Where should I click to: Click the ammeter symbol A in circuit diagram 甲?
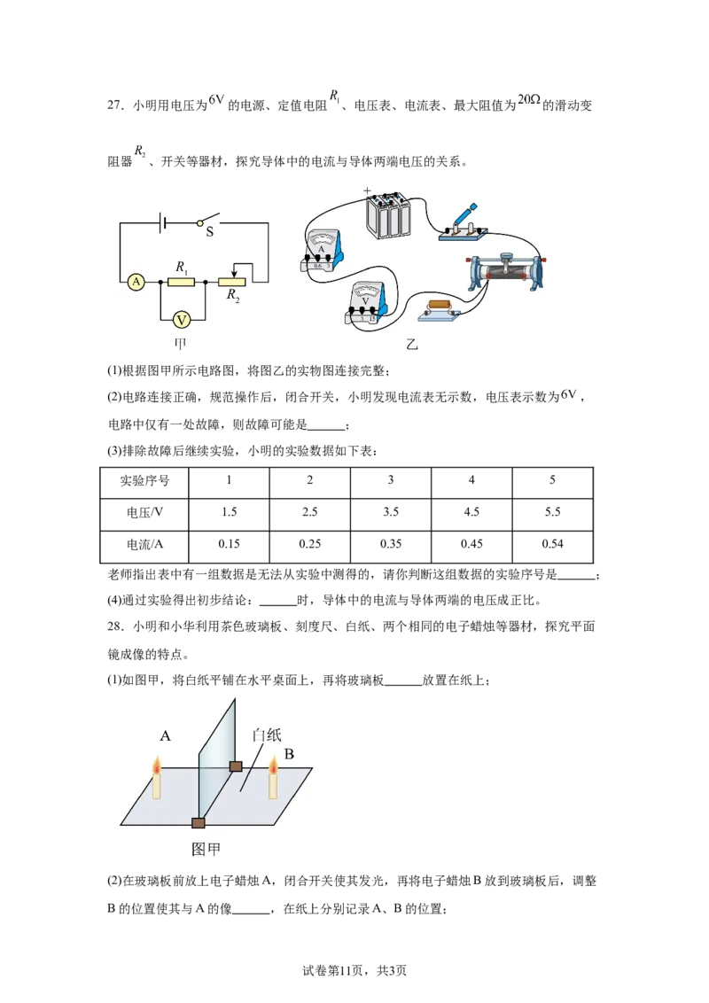[x=136, y=282]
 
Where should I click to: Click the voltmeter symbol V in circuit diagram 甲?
[x=182, y=320]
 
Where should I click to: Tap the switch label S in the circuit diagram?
[x=209, y=232]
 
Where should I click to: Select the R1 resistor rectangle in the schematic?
[x=181, y=282]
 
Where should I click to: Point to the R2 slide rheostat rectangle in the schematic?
[x=232, y=282]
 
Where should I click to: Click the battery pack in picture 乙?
[x=387, y=214]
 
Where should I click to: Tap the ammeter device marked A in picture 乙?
[x=323, y=251]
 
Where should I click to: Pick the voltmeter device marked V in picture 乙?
[x=367, y=301]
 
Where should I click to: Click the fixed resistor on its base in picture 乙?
[x=440, y=309]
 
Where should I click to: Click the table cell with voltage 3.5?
[x=391, y=512]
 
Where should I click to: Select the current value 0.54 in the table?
[x=552, y=544]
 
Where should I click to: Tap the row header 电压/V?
[x=144, y=512]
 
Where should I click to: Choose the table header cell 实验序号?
[x=144, y=480]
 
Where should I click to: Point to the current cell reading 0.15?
[x=229, y=544]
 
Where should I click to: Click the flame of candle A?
[x=156, y=765]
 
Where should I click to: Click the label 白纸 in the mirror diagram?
[x=267, y=735]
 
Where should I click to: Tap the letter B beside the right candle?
[x=289, y=754]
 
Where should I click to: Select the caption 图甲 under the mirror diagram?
[x=206, y=850]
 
